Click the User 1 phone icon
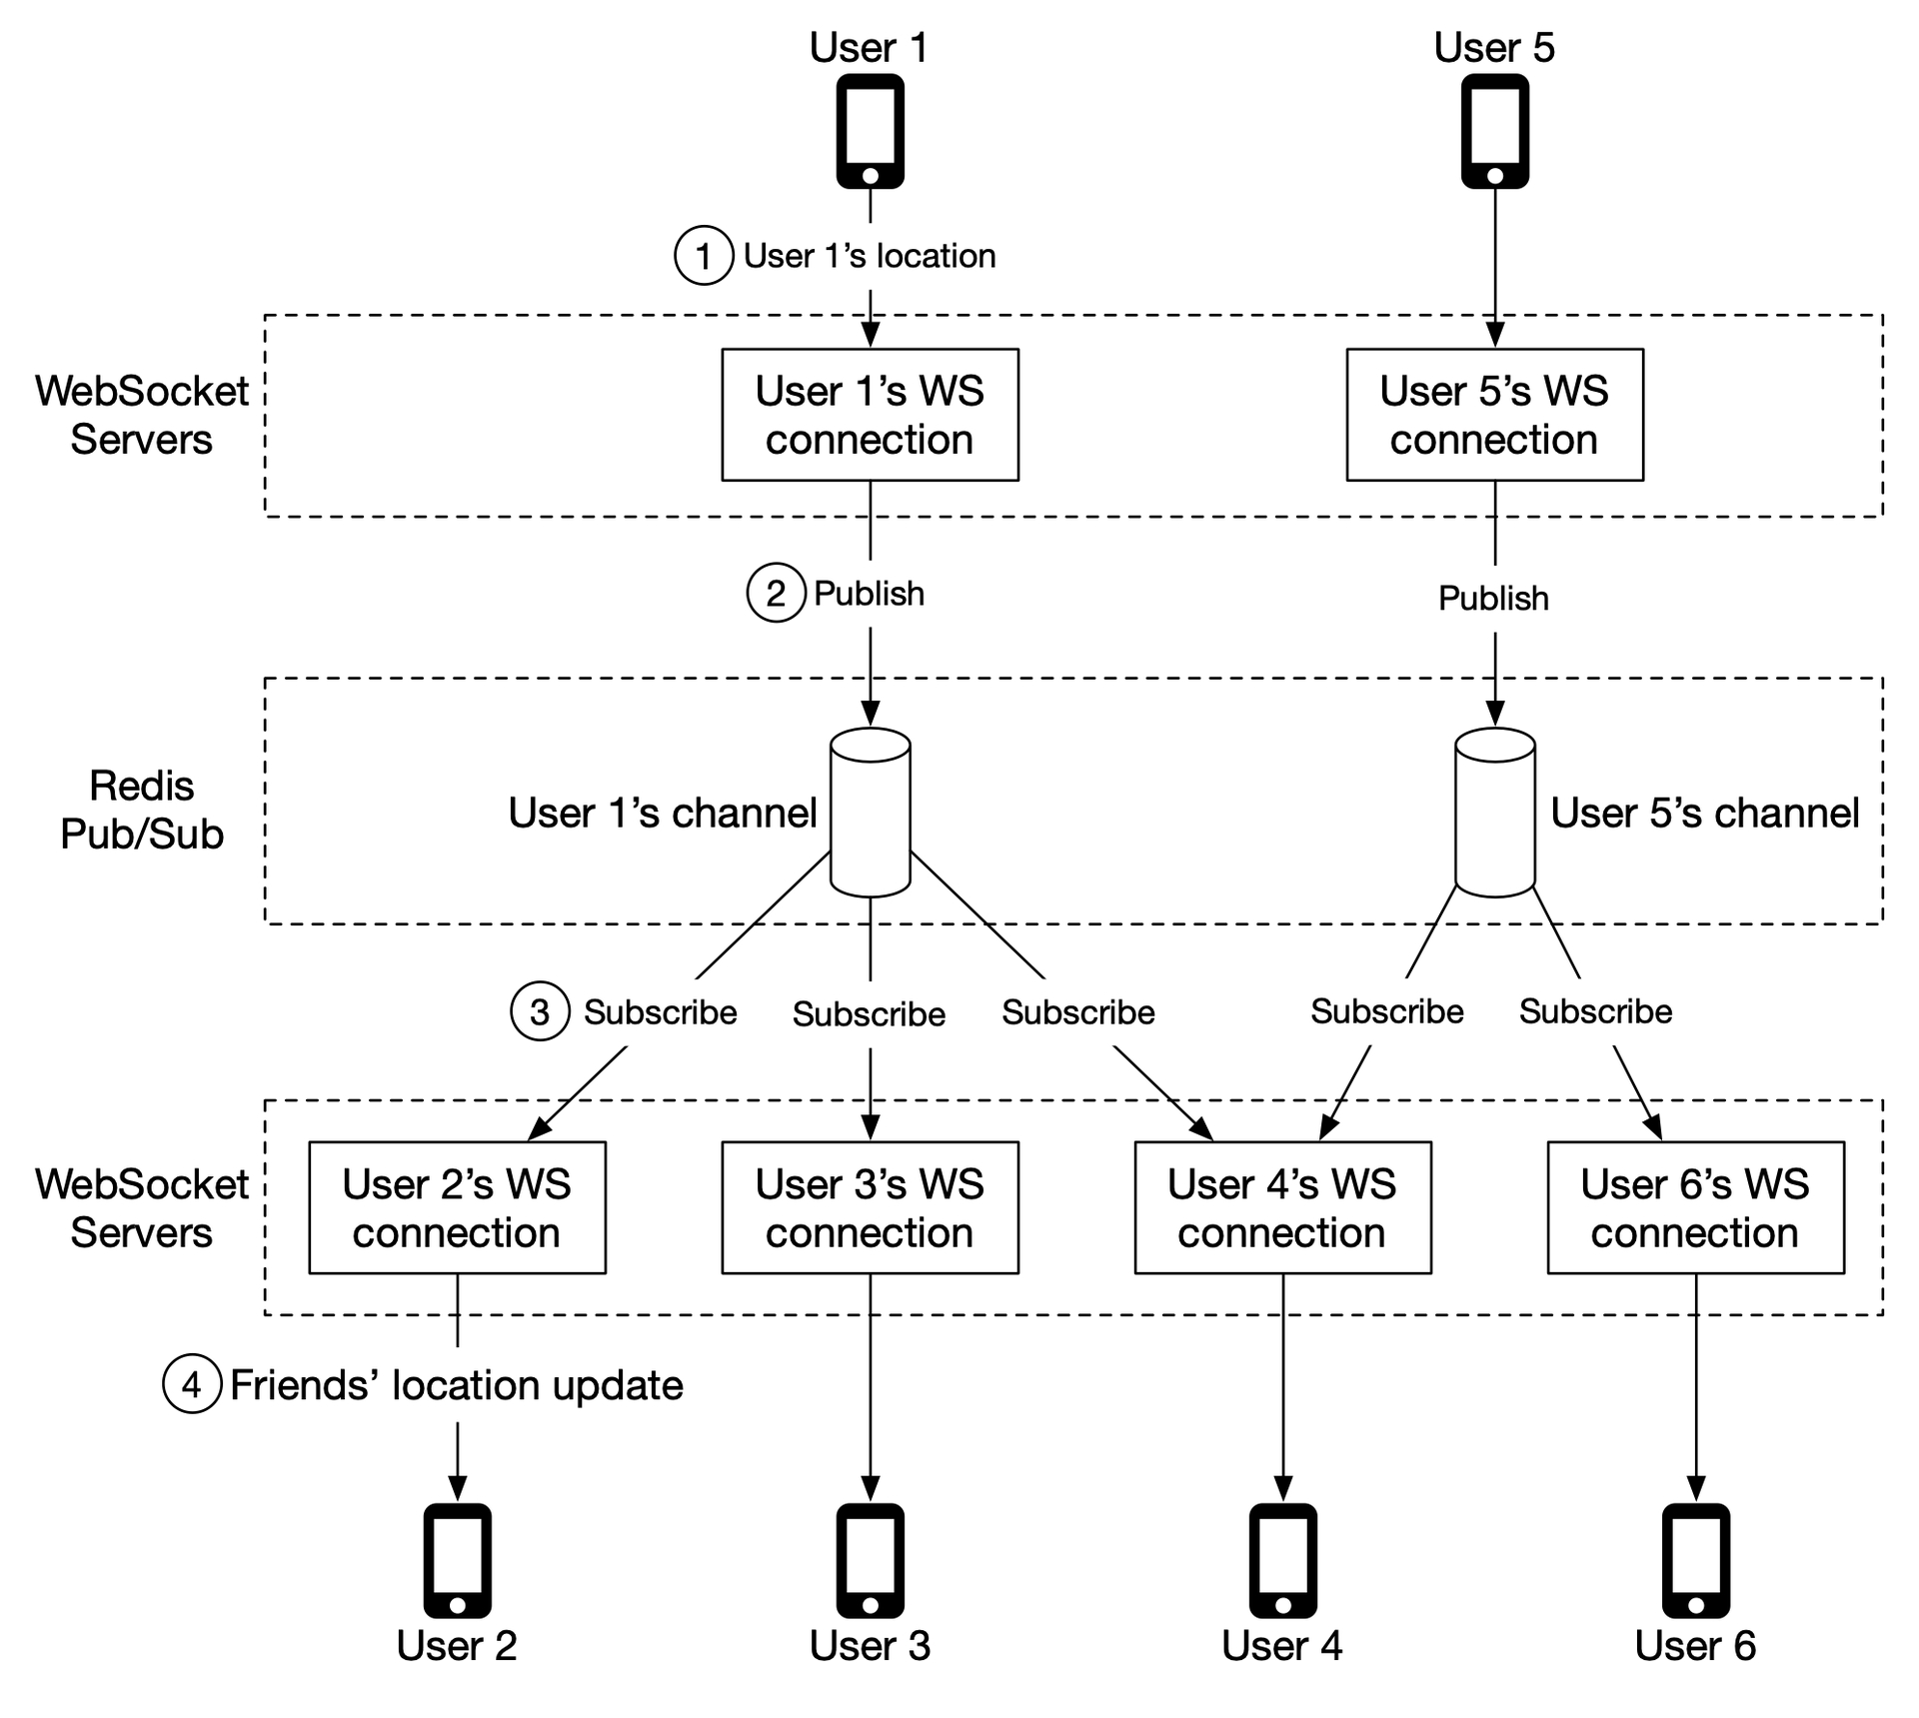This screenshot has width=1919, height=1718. click(x=870, y=131)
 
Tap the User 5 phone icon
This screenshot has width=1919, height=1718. click(x=1494, y=131)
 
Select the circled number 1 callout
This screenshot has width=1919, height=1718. click(x=704, y=256)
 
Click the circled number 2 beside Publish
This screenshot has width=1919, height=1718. click(x=776, y=593)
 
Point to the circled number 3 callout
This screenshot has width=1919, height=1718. click(x=540, y=1011)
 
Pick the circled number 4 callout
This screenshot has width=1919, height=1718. click(x=192, y=1384)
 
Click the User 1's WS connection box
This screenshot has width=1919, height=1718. click(x=870, y=415)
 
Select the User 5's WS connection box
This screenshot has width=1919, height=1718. click(x=1494, y=415)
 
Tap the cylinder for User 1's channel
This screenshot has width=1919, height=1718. click(x=870, y=812)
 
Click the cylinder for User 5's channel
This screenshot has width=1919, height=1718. click(x=1494, y=812)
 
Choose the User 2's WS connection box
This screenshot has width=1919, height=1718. click(x=457, y=1207)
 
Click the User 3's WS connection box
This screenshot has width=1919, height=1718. click(x=870, y=1207)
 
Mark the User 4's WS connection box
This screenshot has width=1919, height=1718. click(x=1282, y=1207)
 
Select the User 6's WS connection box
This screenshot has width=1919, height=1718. click(x=1695, y=1207)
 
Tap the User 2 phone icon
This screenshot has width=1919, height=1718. click(x=457, y=1561)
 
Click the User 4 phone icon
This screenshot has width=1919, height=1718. click(x=1282, y=1561)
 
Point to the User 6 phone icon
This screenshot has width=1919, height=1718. click(x=1695, y=1561)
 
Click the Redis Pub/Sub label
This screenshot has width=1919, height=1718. click(x=142, y=810)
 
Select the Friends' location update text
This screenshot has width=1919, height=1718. click(x=457, y=1385)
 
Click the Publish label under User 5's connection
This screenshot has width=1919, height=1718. click(x=1493, y=598)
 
